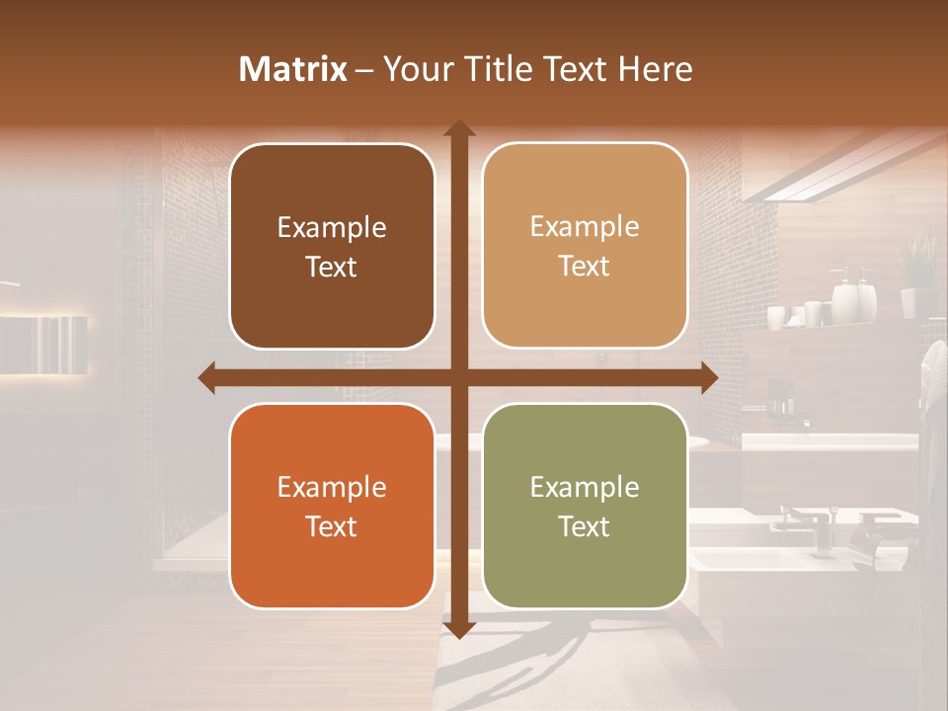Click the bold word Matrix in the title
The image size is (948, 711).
[293, 69]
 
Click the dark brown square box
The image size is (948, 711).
[332, 246]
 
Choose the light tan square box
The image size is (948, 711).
[585, 246]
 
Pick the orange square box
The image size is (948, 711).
[332, 506]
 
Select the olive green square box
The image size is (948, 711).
[585, 506]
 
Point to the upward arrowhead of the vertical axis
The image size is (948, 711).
[458, 128]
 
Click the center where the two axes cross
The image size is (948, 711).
[458, 377]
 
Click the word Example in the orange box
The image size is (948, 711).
[332, 487]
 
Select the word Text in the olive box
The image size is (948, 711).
[585, 526]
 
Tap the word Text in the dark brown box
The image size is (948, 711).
[332, 267]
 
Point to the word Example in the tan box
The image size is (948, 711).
[585, 226]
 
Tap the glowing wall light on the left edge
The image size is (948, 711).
[44, 344]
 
